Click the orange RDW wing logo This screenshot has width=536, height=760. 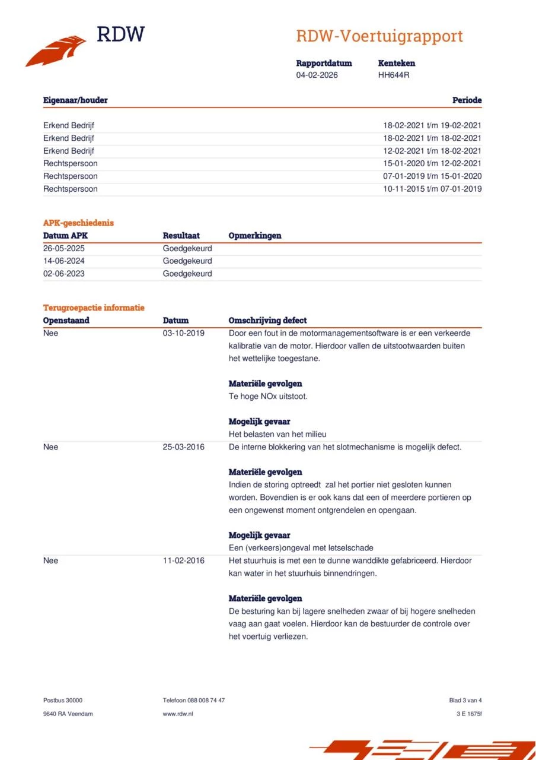point(56,51)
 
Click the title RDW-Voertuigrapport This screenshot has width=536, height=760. point(379,36)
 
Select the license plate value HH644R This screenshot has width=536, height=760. point(394,75)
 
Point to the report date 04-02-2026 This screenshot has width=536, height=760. point(317,75)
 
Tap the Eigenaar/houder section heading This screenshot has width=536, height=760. point(75,100)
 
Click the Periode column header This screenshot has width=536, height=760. point(467,100)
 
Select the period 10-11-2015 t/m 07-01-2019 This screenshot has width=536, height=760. point(432,189)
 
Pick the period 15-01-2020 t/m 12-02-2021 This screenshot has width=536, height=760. point(432,163)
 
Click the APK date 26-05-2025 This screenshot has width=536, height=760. point(64,248)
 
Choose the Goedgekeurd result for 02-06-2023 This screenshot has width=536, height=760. point(187,274)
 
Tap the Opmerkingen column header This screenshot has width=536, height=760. point(255,236)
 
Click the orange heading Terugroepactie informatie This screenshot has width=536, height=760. point(94,308)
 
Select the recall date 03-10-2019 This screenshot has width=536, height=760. point(184,333)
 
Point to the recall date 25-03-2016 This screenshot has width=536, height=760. point(184,447)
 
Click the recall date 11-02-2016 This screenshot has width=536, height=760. point(184,560)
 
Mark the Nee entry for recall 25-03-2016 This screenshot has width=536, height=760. point(51,447)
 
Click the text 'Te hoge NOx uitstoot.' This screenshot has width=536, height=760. point(268,396)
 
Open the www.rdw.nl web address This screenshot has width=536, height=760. point(178,714)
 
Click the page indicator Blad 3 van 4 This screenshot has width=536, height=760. point(465,700)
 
